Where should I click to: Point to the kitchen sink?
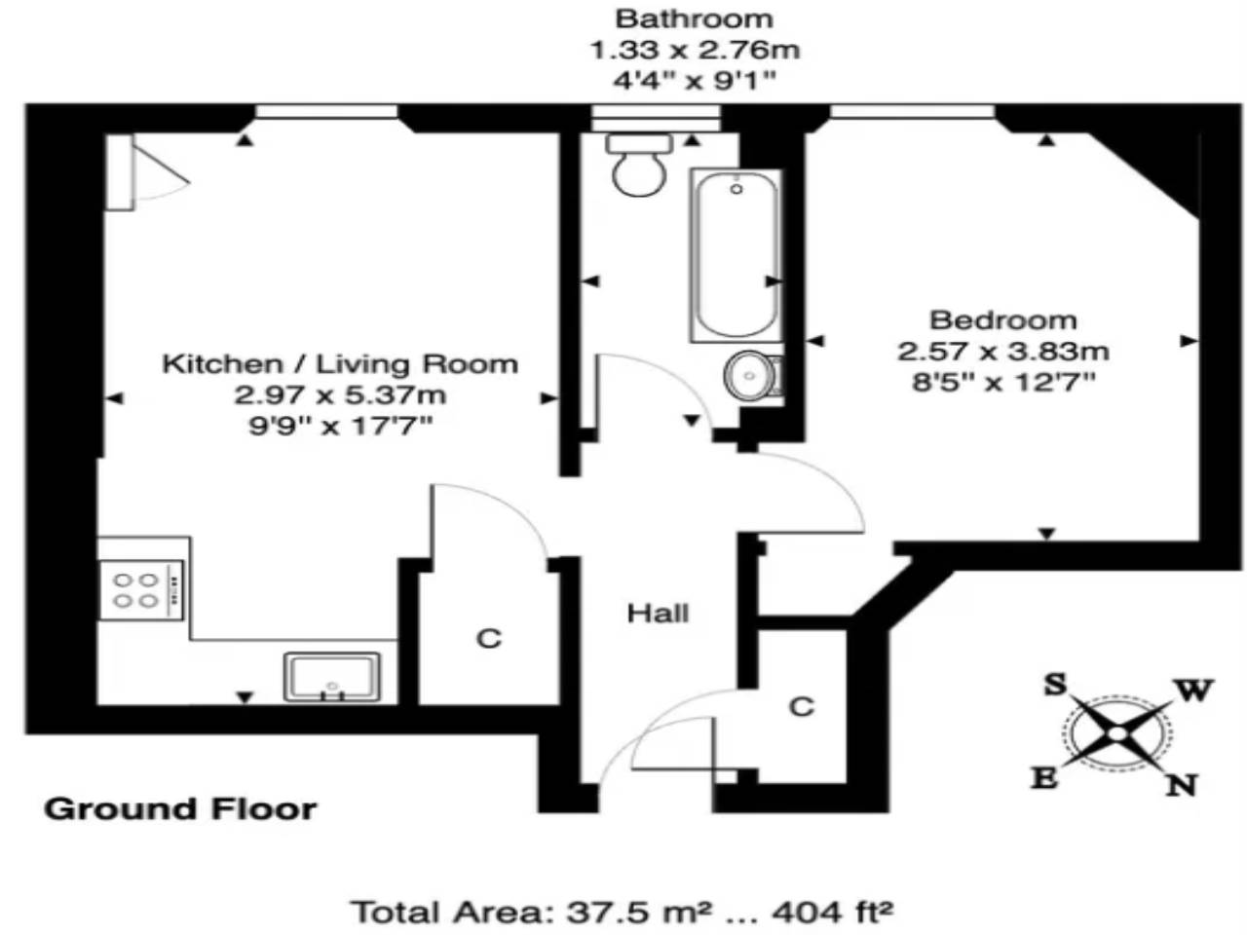point(332,678)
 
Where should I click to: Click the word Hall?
point(658,613)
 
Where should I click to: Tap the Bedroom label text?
point(1002,320)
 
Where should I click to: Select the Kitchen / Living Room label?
point(339,364)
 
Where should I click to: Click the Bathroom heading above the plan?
point(694,19)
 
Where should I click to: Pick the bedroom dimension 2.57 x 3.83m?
point(1002,351)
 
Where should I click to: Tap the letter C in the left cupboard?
point(488,639)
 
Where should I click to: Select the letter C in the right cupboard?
point(801,706)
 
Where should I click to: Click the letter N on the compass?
point(1182,784)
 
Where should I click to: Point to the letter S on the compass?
point(1055,685)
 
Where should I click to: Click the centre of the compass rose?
point(1118,734)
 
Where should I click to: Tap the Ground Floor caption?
point(180,808)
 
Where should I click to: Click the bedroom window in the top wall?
point(912,111)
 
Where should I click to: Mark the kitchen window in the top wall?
point(326,111)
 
